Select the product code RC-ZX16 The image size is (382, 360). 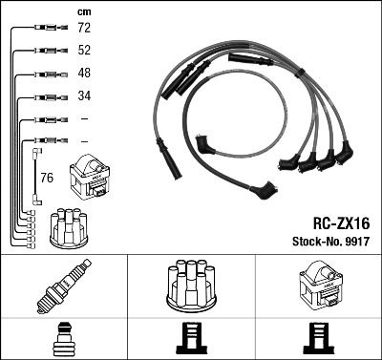342,220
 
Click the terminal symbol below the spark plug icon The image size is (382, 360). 63,339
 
